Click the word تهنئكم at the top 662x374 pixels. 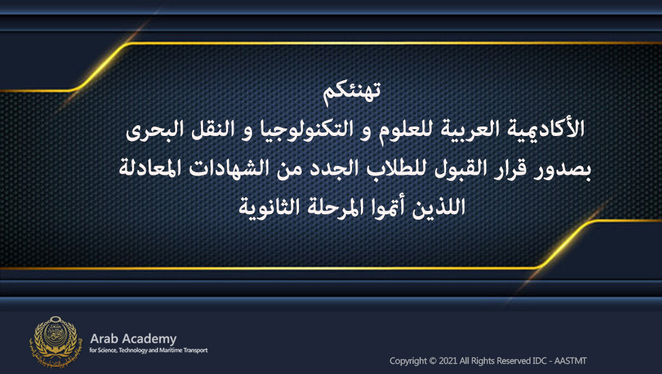point(351,92)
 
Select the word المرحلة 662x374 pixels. point(329,207)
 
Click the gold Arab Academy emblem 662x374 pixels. point(54,341)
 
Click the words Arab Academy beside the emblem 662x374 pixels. point(133,339)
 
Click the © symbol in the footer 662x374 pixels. point(432,361)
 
